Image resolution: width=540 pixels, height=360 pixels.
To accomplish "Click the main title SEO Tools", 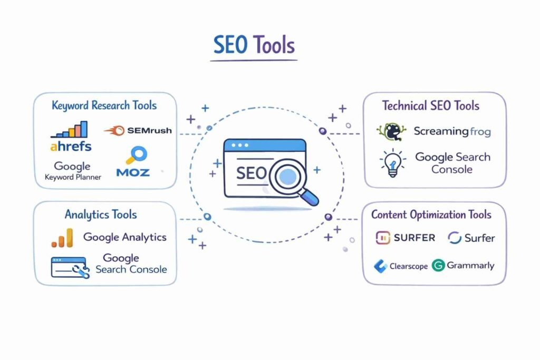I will pyautogui.click(x=254, y=45).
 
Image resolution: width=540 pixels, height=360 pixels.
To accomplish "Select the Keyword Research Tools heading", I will pyautogui.click(x=104, y=105).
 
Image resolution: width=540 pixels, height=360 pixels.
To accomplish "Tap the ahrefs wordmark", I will pyautogui.click(x=71, y=145).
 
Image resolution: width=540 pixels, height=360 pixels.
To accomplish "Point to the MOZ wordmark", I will pyautogui.click(x=133, y=172).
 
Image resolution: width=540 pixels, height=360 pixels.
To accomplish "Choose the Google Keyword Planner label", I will pyautogui.click(x=72, y=171).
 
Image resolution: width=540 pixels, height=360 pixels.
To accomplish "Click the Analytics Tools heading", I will pyautogui.click(x=100, y=215).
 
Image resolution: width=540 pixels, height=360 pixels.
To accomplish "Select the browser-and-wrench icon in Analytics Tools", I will pyautogui.click(x=69, y=267).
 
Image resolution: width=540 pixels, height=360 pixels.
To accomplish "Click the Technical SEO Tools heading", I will pyautogui.click(x=431, y=105).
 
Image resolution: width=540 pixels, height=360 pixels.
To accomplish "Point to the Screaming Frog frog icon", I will pyautogui.click(x=391, y=132).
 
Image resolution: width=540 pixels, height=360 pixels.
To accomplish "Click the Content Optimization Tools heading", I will pyautogui.click(x=431, y=215).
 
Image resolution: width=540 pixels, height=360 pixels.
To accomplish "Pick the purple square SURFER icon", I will pyautogui.click(x=382, y=238).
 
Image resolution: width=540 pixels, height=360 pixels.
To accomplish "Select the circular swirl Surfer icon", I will pyautogui.click(x=455, y=238).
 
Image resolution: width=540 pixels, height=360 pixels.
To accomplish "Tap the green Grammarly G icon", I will pyautogui.click(x=438, y=265).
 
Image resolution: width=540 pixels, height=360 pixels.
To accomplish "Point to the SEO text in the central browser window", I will pyautogui.click(x=251, y=174).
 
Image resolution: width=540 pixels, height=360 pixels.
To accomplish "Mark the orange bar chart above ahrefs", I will pyautogui.click(x=69, y=130).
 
